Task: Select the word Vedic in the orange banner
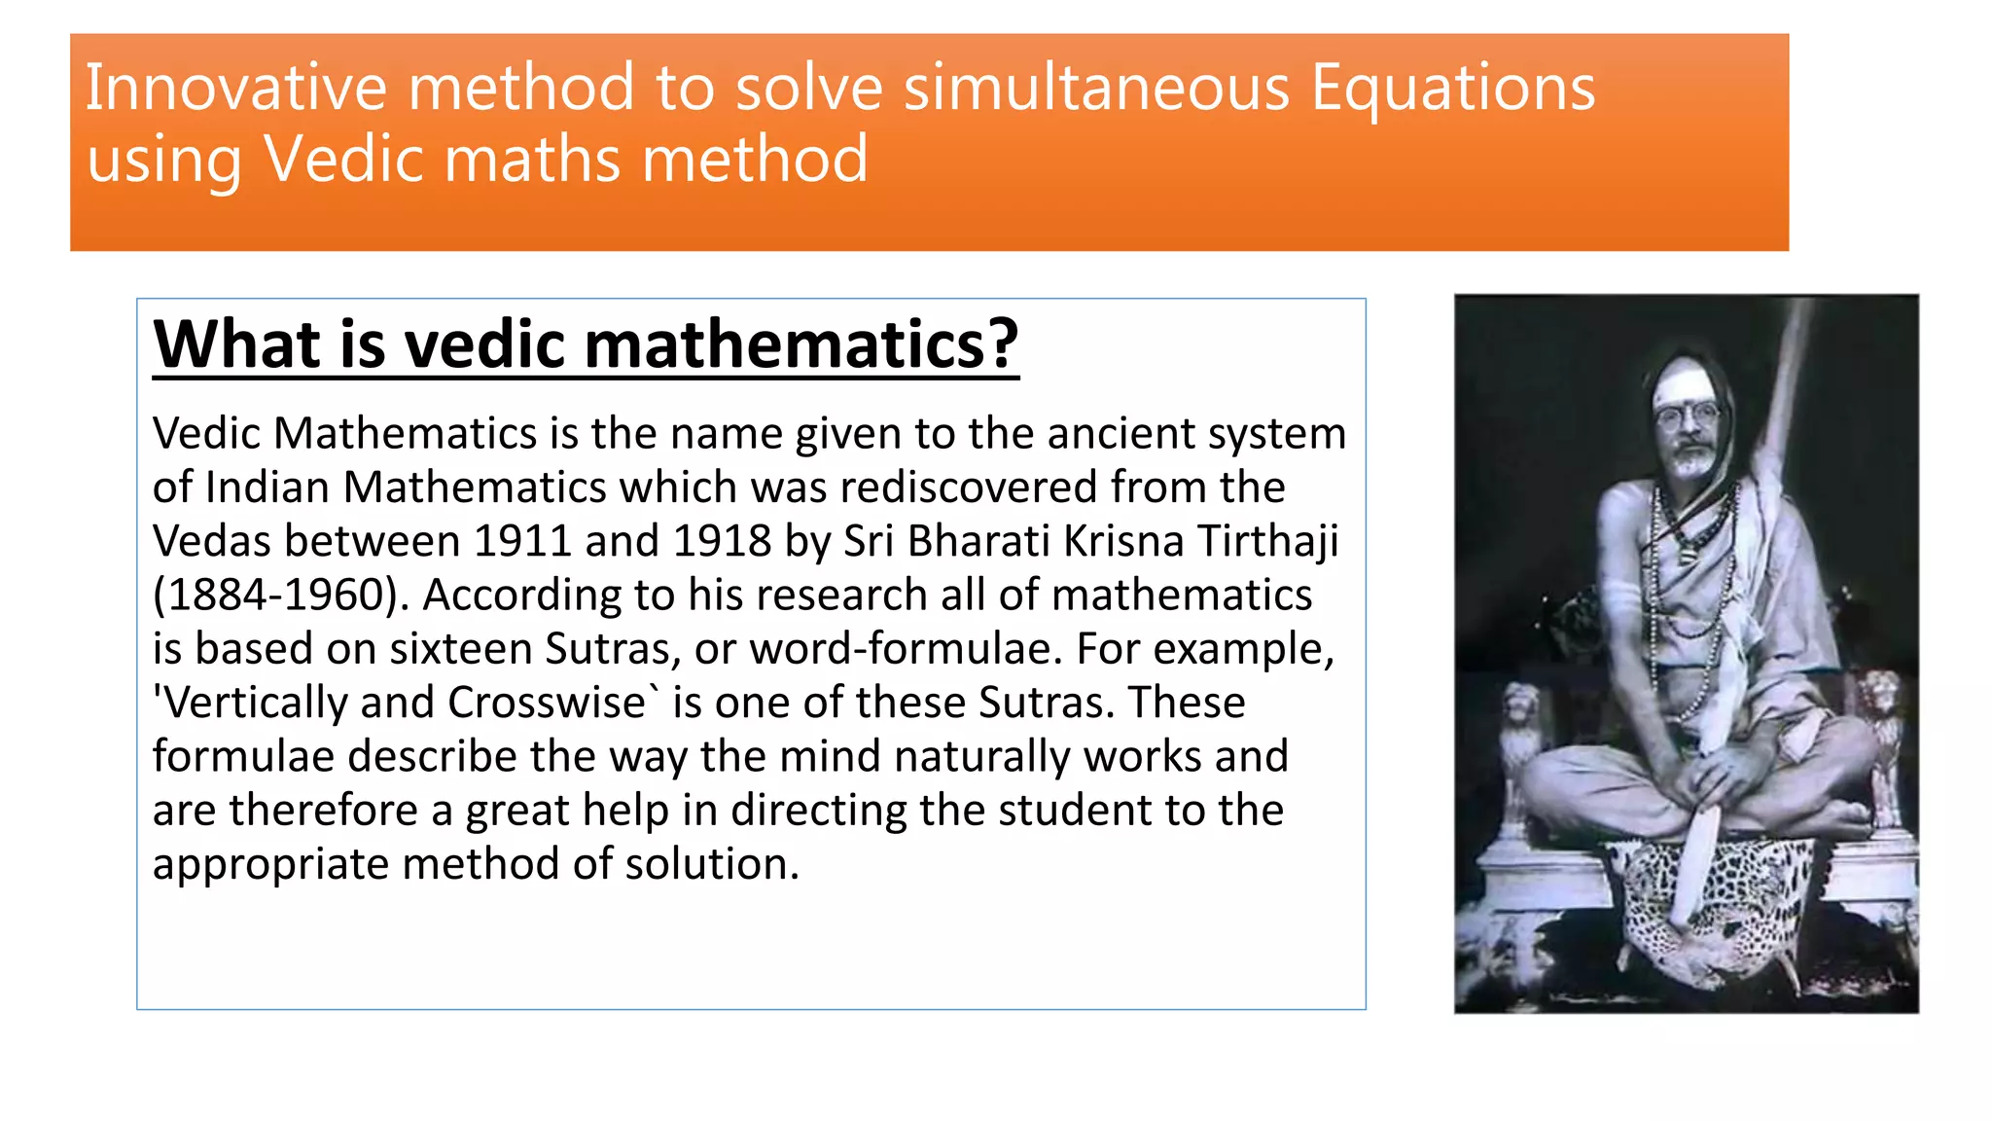tap(344, 160)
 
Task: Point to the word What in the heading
tap(237, 344)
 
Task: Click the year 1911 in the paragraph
tap(521, 541)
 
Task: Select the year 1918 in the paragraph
tap(722, 541)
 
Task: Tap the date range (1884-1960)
tap(282, 596)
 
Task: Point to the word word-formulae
tap(906, 649)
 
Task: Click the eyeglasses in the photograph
tap(1690, 416)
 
